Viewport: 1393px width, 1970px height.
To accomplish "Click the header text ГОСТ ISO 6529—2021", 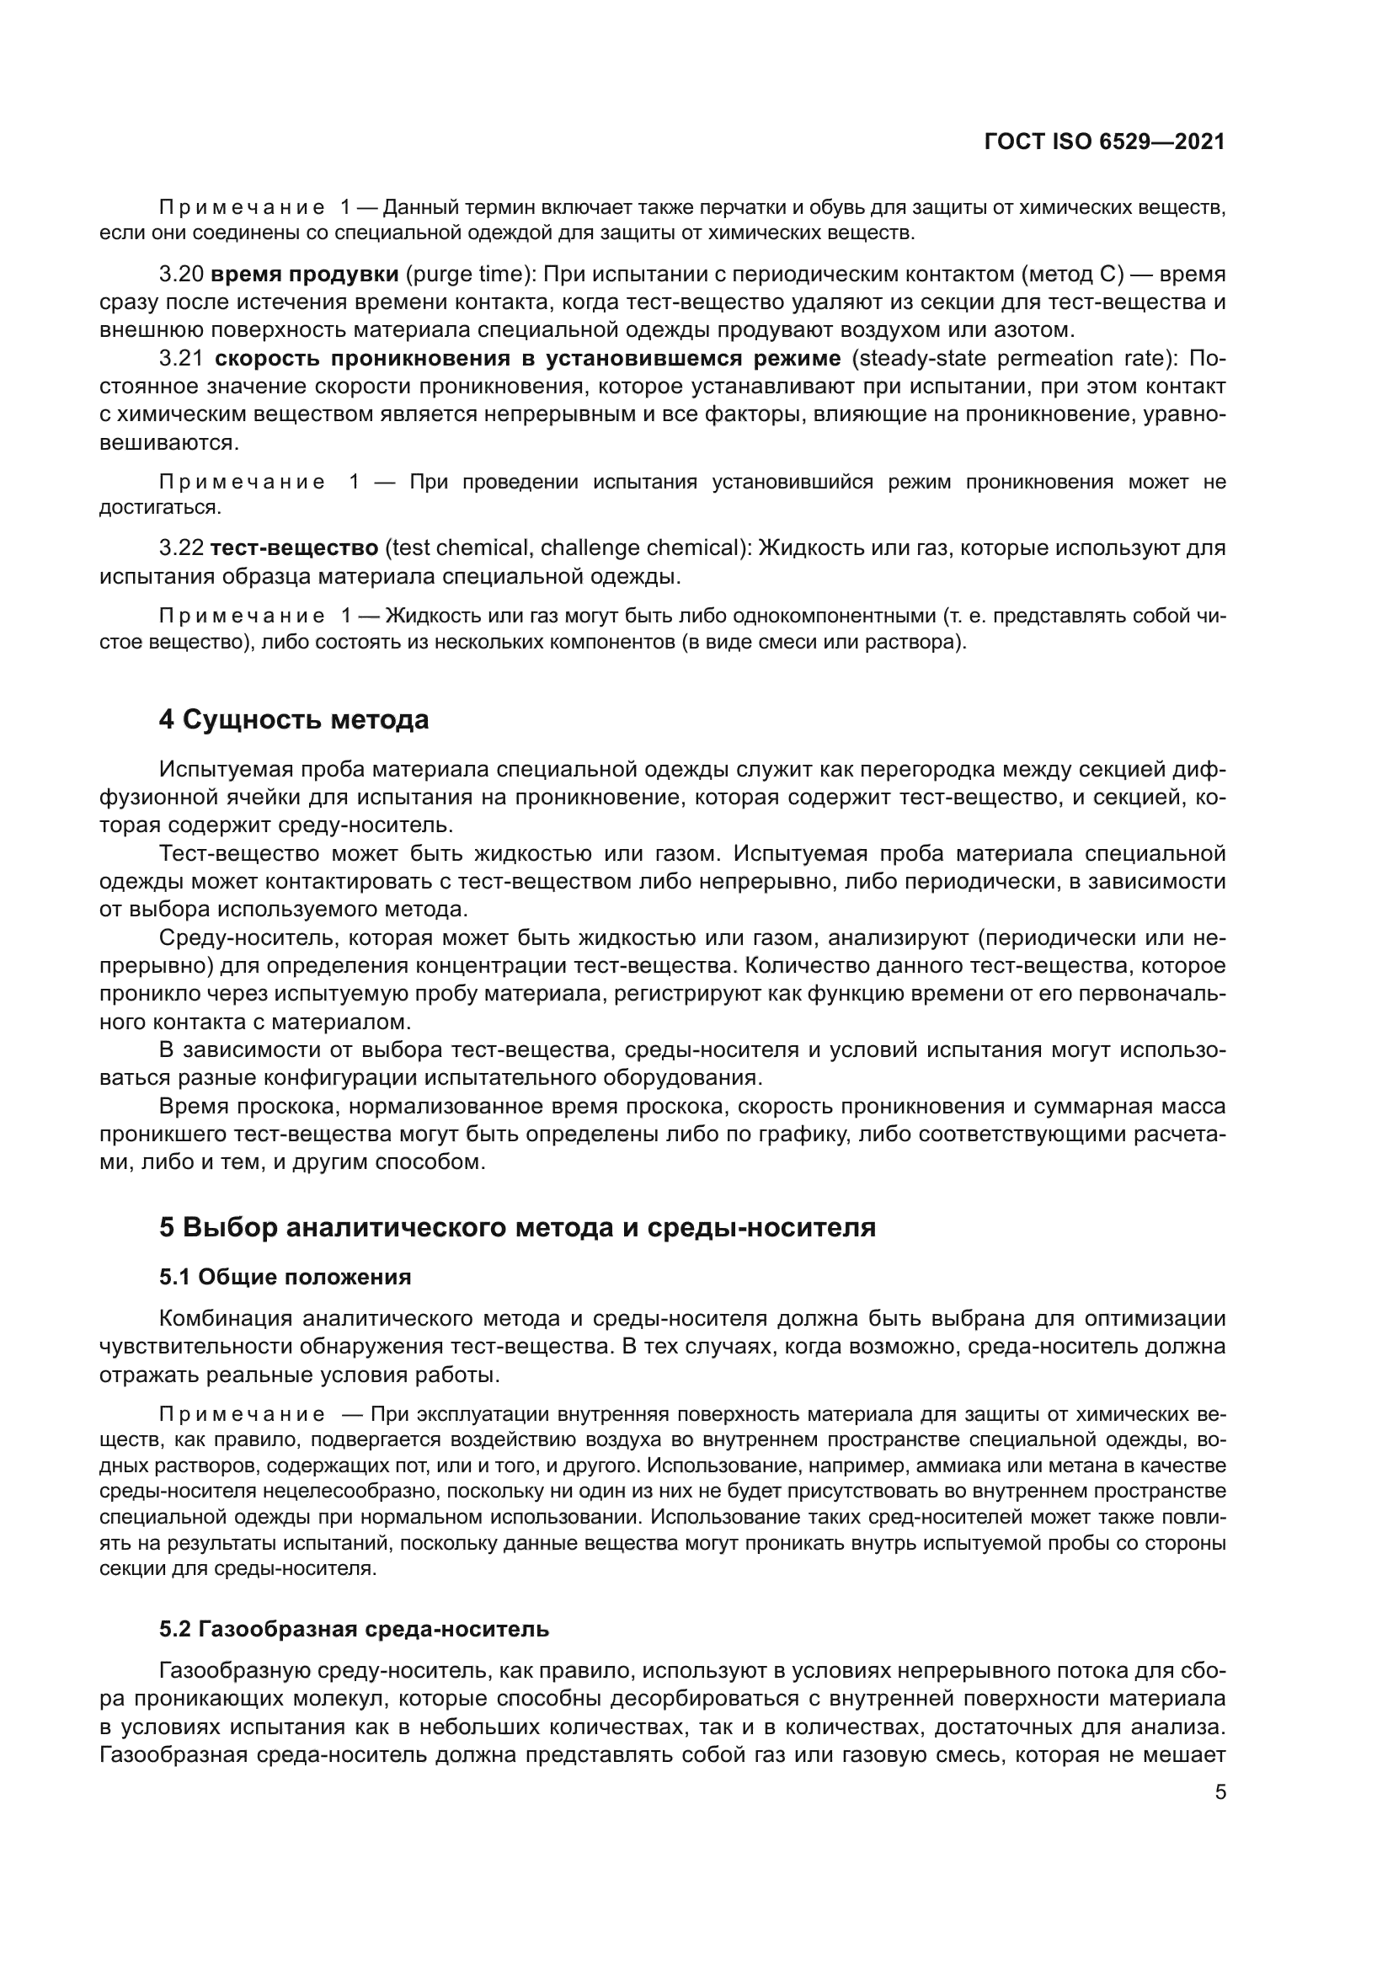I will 1104,142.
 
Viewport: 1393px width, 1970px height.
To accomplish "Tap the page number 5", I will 1220,1792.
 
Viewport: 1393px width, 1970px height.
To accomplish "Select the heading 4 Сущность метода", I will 293,719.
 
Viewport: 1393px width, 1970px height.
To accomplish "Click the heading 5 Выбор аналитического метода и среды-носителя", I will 517,1227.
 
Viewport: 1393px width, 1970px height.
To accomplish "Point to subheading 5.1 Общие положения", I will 285,1277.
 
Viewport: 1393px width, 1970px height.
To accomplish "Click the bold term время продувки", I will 305,275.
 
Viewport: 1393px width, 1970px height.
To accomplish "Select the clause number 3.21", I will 181,359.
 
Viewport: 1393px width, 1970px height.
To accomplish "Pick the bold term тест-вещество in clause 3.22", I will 294,547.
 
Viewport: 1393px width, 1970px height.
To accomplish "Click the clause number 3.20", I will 181,275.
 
